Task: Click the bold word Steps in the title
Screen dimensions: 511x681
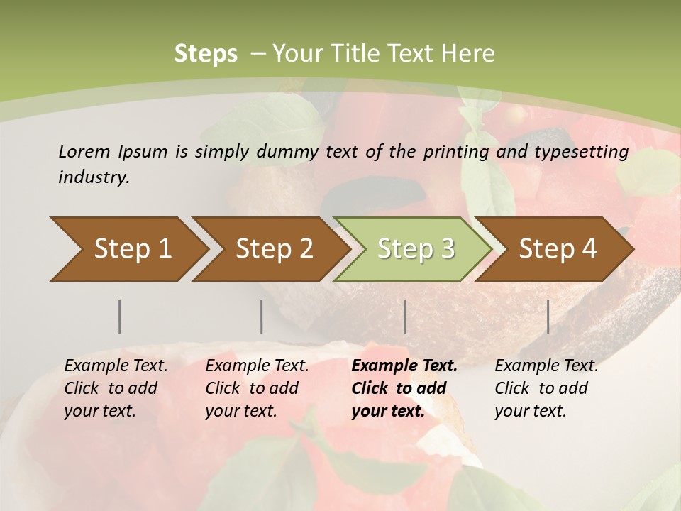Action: pos(206,54)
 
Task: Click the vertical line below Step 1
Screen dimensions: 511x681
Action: pos(120,317)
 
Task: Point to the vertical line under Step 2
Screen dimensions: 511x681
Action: pos(262,317)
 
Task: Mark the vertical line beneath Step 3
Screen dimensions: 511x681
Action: pos(405,317)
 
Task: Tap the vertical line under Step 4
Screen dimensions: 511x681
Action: pos(548,317)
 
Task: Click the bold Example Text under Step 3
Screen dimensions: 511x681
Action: pos(404,388)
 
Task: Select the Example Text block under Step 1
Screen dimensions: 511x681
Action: pos(116,388)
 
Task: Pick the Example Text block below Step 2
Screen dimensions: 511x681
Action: pos(257,388)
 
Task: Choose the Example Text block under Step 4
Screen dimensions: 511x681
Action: pos(546,388)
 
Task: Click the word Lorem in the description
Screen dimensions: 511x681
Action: pos(84,151)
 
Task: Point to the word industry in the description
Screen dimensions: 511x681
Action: pos(93,177)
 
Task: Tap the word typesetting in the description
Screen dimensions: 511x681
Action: pos(584,151)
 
